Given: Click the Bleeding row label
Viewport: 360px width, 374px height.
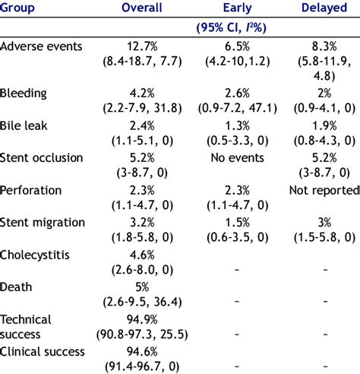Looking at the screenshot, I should [x=24, y=93].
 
